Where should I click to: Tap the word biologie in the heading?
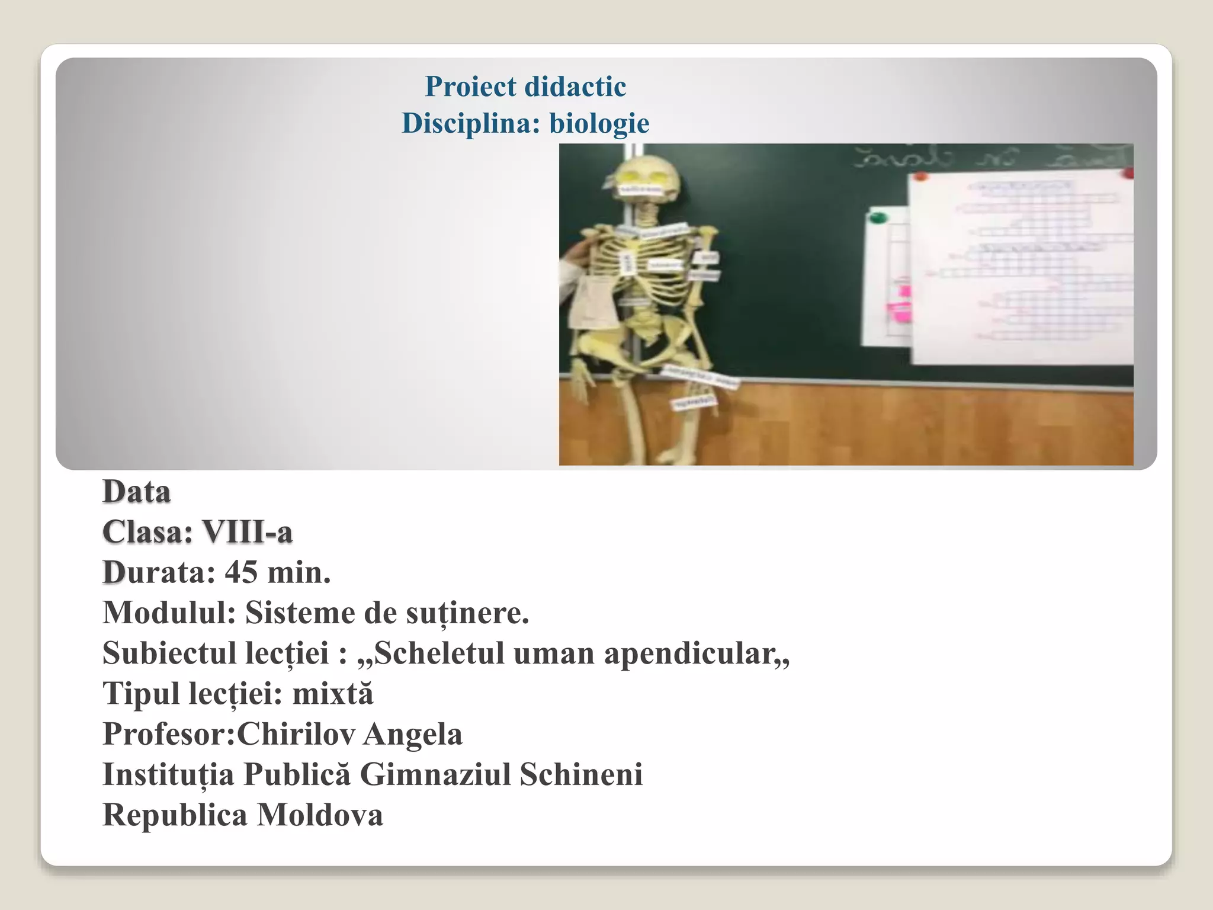tap(599, 123)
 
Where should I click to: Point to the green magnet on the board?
tap(877, 218)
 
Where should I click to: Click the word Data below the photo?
tap(137, 492)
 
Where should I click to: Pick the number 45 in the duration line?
tap(241, 572)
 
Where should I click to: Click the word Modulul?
tap(169, 613)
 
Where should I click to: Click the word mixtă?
tap(333, 693)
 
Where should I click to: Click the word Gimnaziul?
tap(435, 774)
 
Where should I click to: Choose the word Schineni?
tap(581, 774)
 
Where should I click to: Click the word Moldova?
tap(320, 815)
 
